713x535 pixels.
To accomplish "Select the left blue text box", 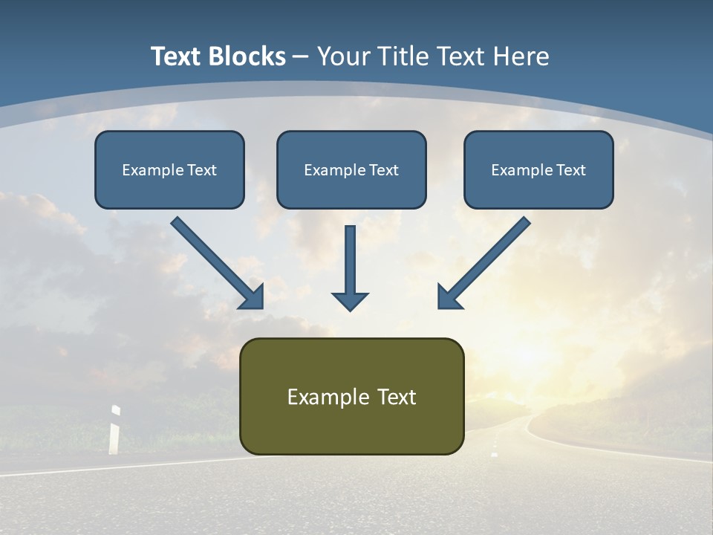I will tap(169, 169).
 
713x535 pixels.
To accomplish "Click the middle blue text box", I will tap(351, 169).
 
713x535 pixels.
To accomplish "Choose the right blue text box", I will tap(538, 169).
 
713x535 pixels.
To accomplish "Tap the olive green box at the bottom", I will tap(351, 396).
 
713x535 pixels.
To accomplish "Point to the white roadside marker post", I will tap(114, 429).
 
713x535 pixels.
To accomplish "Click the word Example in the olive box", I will tap(318, 397).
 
